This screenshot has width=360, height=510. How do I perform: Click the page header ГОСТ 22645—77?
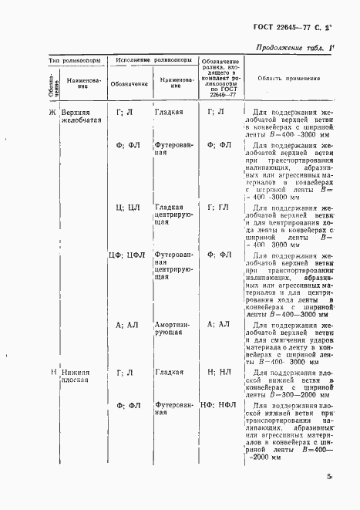(x=295, y=29)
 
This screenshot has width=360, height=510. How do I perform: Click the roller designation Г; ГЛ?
(x=218, y=206)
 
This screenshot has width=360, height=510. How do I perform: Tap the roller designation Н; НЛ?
(x=218, y=372)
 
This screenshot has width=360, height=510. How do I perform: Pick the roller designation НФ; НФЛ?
(x=218, y=405)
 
